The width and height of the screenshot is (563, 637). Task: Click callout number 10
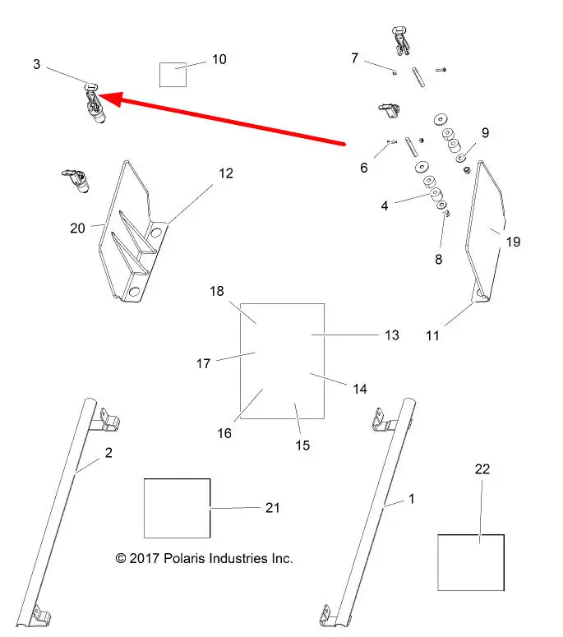point(219,60)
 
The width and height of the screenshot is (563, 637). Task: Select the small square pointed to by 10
point(173,74)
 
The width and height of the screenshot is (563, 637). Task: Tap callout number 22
point(482,469)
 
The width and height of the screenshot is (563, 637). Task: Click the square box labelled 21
point(177,508)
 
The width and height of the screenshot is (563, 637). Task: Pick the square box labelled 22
point(470,561)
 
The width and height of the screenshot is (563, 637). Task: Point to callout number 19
point(514,242)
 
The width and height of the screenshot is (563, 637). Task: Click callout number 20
point(77,228)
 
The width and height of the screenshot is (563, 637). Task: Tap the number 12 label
point(226,173)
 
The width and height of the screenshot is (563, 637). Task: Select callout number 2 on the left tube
point(108,452)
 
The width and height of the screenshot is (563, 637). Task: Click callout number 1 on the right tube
point(412,498)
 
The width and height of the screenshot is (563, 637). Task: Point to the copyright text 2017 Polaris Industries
point(205,559)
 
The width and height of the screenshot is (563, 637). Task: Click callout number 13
point(392,335)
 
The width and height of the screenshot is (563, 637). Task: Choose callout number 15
point(302,445)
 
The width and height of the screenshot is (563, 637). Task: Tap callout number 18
point(217,292)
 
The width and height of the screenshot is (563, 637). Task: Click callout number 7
point(355,58)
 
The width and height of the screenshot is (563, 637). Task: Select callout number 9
point(485,132)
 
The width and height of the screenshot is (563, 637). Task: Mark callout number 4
point(385,206)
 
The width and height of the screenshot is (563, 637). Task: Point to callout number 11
point(432,335)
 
